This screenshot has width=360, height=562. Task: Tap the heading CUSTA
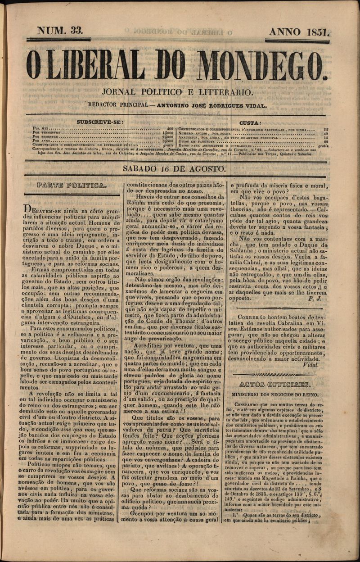point(250,123)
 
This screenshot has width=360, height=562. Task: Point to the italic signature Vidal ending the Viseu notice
point(311,365)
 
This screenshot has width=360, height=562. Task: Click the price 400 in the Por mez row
point(170,129)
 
